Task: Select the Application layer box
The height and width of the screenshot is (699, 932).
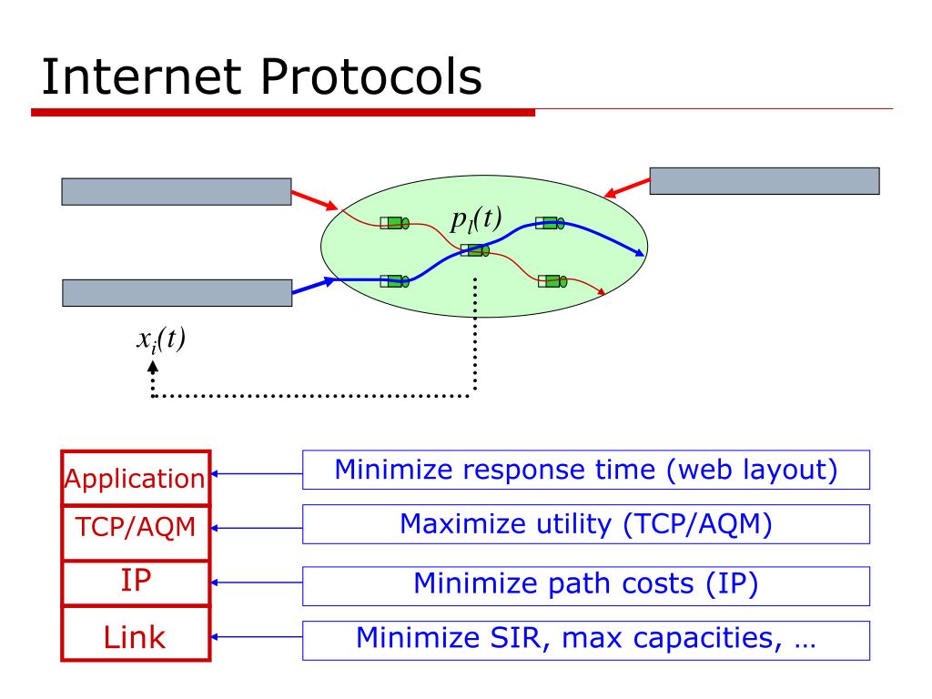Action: click(136, 478)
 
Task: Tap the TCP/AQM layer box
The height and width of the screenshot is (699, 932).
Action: click(136, 526)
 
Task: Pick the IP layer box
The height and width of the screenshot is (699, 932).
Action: click(136, 582)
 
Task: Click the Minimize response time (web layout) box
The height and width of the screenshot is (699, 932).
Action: click(586, 470)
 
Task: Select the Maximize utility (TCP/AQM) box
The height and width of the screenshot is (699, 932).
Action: click(586, 524)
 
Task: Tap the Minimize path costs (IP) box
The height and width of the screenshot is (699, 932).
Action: click(586, 584)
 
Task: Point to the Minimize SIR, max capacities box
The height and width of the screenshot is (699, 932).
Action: click(586, 639)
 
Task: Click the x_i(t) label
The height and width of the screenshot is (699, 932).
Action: click(160, 339)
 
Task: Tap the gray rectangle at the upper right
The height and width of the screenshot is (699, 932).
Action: click(764, 181)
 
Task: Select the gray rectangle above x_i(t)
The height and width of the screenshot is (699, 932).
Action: click(177, 293)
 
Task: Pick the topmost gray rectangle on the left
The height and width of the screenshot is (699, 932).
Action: click(177, 191)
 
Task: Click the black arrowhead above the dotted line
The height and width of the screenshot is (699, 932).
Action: click(152, 366)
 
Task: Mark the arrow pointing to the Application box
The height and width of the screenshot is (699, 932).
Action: click(257, 473)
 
